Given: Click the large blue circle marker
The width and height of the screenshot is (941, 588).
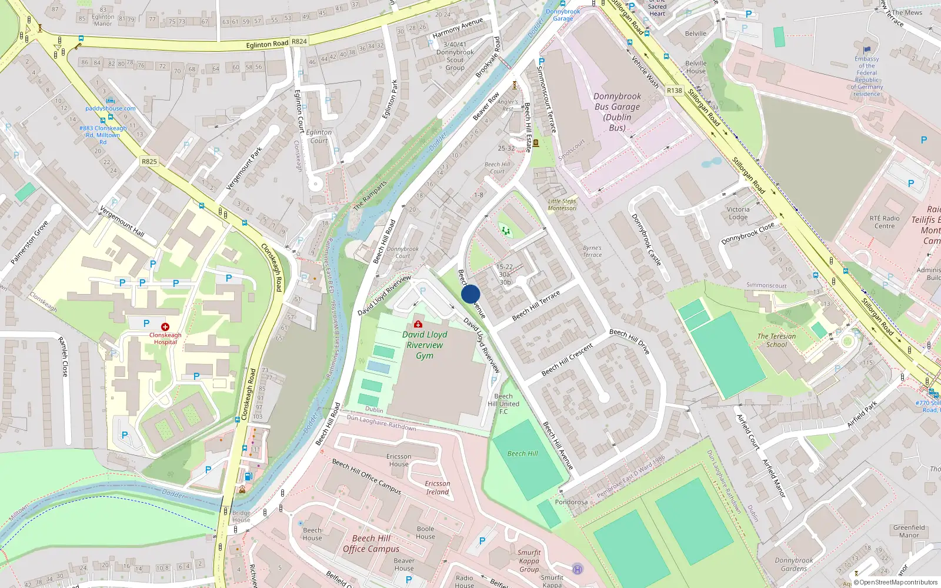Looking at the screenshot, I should (x=470, y=294).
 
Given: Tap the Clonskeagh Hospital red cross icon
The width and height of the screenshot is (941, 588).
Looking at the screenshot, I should (x=165, y=326).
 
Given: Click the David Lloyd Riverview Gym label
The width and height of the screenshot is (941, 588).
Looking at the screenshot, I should (x=425, y=345).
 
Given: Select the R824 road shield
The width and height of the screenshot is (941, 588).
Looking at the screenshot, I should (x=299, y=41).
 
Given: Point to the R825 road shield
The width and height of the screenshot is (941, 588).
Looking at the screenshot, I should (x=149, y=161).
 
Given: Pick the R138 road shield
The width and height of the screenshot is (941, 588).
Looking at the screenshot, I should (x=675, y=91).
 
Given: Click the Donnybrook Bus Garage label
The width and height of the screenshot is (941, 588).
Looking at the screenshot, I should (x=617, y=112).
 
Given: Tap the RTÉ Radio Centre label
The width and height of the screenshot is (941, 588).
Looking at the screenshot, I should (x=885, y=222).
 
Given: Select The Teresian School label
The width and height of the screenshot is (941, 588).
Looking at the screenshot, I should (x=776, y=340).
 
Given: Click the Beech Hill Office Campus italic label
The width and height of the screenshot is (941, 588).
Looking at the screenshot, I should (x=371, y=543).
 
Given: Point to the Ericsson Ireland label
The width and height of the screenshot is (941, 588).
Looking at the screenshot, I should (x=438, y=487).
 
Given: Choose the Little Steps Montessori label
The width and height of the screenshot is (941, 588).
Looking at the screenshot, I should (x=562, y=205).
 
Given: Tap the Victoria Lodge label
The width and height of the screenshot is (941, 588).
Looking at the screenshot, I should (x=738, y=213).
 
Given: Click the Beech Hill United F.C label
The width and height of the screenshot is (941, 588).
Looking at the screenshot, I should (x=503, y=404).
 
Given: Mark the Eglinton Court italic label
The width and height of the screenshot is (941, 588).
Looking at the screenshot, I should (x=319, y=136).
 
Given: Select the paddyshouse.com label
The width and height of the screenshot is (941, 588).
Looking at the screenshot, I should (x=111, y=108).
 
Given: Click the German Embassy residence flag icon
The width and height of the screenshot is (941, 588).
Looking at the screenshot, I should (x=867, y=50).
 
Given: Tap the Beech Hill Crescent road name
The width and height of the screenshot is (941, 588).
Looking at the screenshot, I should (x=567, y=360).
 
